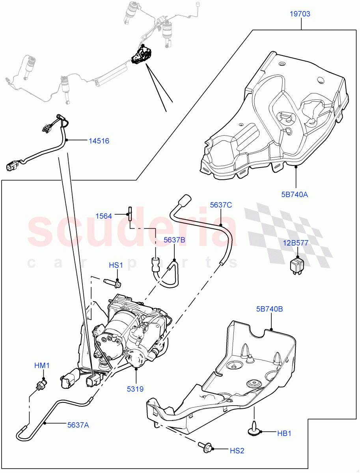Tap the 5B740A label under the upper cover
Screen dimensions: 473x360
[x=295, y=194]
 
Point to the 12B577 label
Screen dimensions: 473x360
[x=296, y=243]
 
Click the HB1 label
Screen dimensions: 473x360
[x=284, y=433]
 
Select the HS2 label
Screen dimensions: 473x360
[x=237, y=450]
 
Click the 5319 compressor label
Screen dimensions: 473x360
[x=135, y=389]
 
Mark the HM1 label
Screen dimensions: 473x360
[x=42, y=366]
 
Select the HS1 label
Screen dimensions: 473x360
[x=116, y=266]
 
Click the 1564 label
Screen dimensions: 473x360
[x=104, y=216]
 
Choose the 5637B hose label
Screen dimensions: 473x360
[x=174, y=240]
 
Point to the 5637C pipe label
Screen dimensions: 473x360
[x=221, y=205]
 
